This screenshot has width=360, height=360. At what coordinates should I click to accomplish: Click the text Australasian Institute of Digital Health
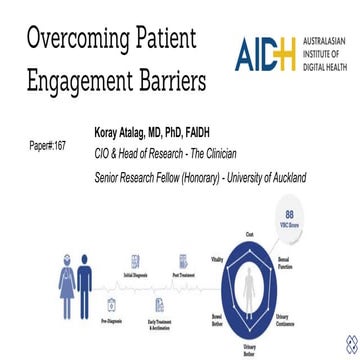324,55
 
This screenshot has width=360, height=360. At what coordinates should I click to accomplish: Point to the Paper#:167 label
48,146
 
